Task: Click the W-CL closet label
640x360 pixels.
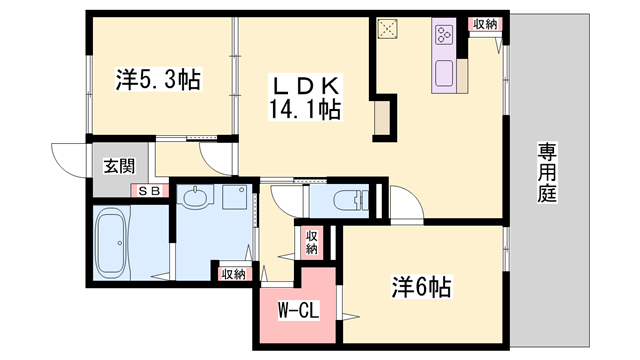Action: (x=298, y=311)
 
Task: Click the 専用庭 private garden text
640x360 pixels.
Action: (x=547, y=172)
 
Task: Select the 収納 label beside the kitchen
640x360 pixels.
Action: (x=484, y=24)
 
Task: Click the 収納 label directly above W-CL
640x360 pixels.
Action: (x=310, y=242)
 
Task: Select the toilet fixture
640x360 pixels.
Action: (x=344, y=199)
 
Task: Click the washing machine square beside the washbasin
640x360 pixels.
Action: (x=237, y=197)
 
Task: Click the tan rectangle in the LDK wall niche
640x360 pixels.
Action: (x=382, y=120)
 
